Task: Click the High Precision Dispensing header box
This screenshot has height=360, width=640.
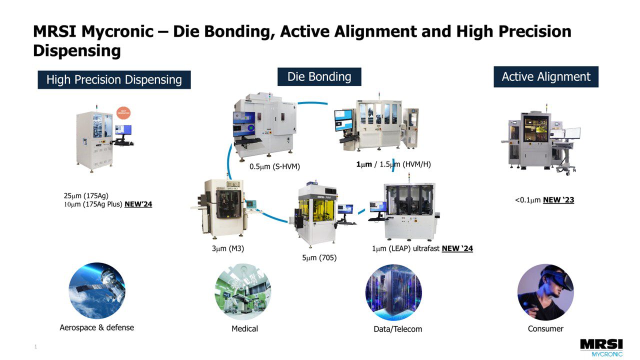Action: tap(114, 80)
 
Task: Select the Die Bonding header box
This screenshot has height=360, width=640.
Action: tap(319, 77)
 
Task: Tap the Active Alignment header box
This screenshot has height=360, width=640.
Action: tap(546, 77)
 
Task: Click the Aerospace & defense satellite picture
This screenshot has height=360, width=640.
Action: tap(97, 291)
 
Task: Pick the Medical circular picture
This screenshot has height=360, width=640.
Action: tap(243, 292)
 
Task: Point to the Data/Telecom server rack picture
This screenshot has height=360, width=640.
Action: tap(393, 292)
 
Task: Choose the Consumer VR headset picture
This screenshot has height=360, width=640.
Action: tap(545, 292)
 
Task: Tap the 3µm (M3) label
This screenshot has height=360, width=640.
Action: tap(227, 248)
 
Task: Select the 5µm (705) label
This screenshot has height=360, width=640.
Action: tap(319, 258)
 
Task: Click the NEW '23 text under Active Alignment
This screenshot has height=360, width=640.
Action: tap(558, 200)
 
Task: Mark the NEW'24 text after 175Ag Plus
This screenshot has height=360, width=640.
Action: tap(138, 204)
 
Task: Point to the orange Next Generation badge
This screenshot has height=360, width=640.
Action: tap(122, 113)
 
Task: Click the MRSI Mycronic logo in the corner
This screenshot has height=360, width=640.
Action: tap(601, 347)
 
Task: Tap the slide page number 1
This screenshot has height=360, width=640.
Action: tap(35, 346)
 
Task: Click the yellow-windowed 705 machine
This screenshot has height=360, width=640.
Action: tap(316, 215)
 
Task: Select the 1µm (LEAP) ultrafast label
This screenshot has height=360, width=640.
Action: tap(405, 248)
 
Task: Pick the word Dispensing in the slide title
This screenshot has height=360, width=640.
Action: tap(76, 50)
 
